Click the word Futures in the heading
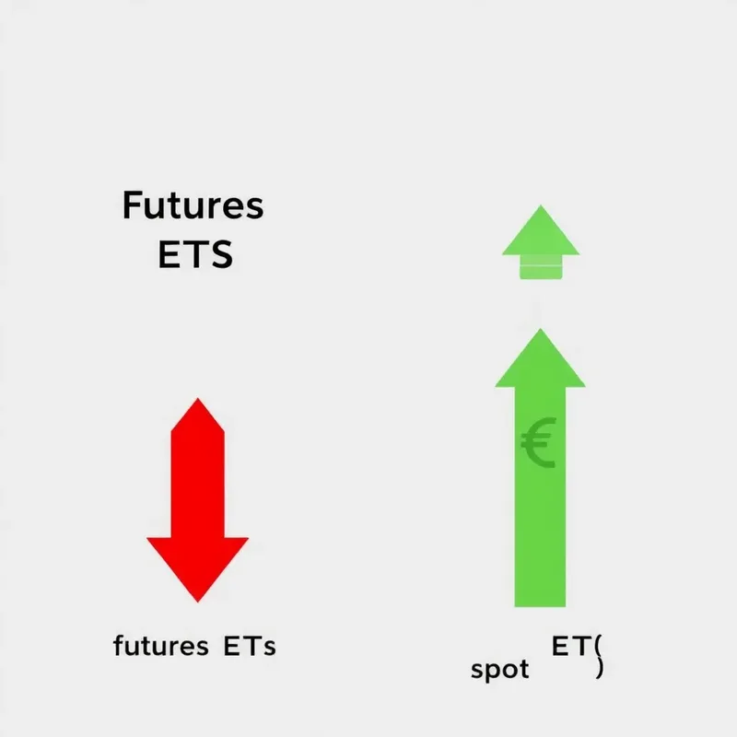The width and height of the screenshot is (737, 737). click(193, 206)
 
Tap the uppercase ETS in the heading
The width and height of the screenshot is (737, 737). click(195, 253)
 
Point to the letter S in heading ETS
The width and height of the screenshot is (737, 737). click(220, 253)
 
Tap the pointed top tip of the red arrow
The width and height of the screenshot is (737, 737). click(197, 402)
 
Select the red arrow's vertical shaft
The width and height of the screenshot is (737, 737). click(197, 479)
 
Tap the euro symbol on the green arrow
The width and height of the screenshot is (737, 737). click(537, 445)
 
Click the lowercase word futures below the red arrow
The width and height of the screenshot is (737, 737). click(161, 646)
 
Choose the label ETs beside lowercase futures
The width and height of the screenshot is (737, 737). click(250, 646)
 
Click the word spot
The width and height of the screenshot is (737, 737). click(499, 670)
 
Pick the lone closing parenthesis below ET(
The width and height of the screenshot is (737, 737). click(600, 670)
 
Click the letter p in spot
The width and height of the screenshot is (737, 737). click(492, 672)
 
